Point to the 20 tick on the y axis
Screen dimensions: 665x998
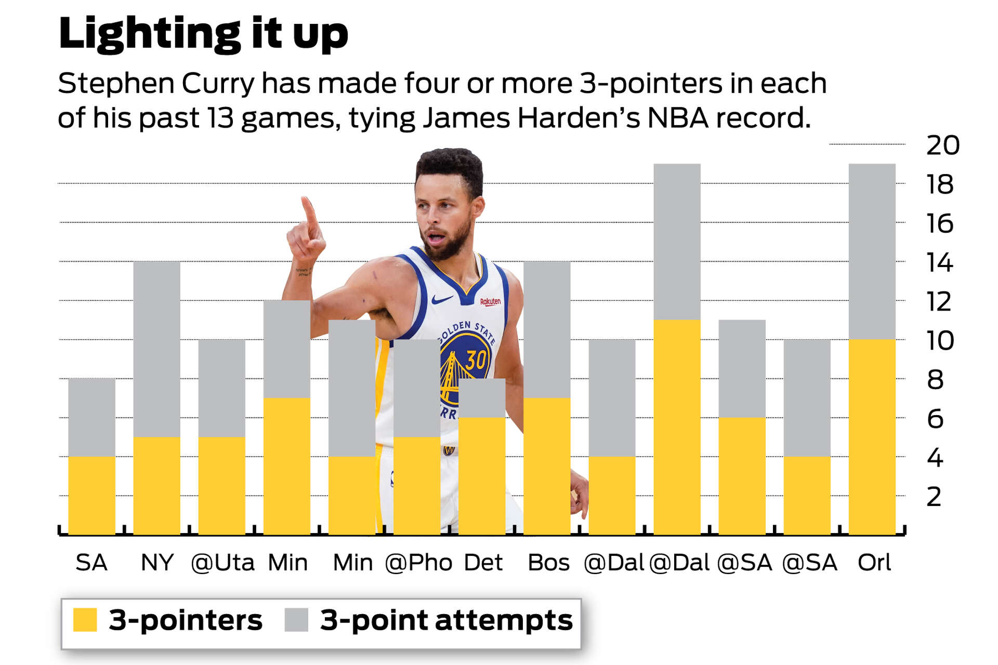tap(942, 145)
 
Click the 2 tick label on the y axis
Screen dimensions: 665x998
tap(934, 497)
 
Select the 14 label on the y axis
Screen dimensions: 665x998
tap(940, 263)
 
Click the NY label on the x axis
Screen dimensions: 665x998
tap(157, 563)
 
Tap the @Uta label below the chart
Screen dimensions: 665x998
tap(222, 563)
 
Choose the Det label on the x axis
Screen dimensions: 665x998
tap(483, 563)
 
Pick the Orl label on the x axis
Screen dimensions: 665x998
tap(874, 563)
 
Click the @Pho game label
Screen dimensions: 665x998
tap(418, 563)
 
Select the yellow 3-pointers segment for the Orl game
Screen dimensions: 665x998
tap(872, 436)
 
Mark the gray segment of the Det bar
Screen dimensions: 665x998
tap(482, 398)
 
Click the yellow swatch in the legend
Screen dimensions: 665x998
tap(85, 620)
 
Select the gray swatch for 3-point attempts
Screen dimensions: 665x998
tap(296, 620)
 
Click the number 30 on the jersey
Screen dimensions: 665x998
tap(476, 360)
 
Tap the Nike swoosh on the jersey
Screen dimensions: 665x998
tap(442, 300)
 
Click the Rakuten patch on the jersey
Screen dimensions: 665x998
tap(490, 302)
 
